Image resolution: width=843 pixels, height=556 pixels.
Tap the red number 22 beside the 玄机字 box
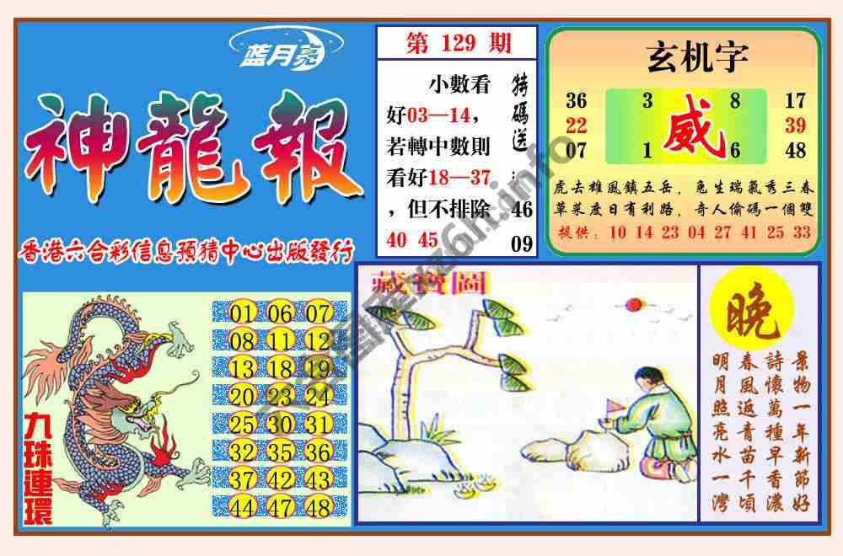pyautogui.click(x=577, y=126)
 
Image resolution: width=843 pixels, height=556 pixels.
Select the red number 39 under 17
pyautogui.click(x=795, y=126)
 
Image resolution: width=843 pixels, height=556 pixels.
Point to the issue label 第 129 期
pyautogui.click(x=454, y=42)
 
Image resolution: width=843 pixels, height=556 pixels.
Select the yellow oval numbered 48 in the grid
pyautogui.click(x=318, y=507)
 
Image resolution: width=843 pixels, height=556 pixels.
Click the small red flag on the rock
pyautogui.click(x=614, y=408)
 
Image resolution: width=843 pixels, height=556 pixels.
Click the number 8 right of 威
pyautogui.click(x=735, y=101)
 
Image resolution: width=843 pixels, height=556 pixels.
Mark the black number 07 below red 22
pyautogui.click(x=577, y=152)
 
